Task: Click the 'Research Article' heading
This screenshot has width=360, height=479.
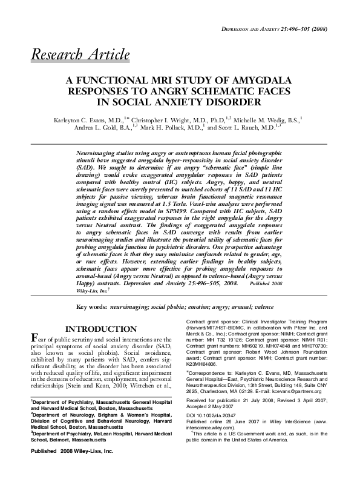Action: pos(80,55)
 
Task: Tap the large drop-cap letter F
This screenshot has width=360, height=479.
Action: pos(34,340)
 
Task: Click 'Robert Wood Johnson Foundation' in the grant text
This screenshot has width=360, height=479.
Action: pos(280,351)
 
